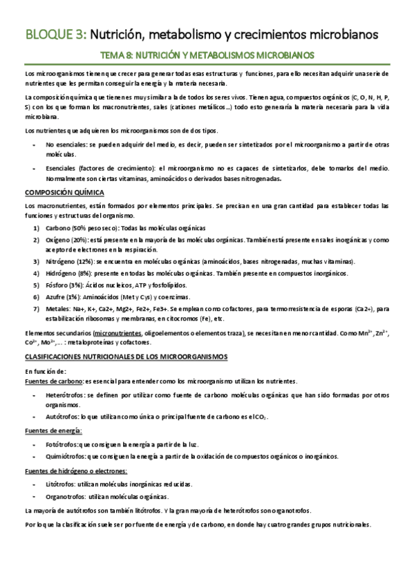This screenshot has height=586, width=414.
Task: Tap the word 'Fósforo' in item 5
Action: tap(57, 285)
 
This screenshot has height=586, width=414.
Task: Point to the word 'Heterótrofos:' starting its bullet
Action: tap(66, 394)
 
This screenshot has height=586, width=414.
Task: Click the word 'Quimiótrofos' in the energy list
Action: tap(66, 456)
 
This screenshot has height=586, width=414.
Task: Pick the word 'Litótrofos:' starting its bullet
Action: tap(62, 483)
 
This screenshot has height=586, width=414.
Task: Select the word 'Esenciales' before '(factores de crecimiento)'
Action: tap(61, 169)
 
